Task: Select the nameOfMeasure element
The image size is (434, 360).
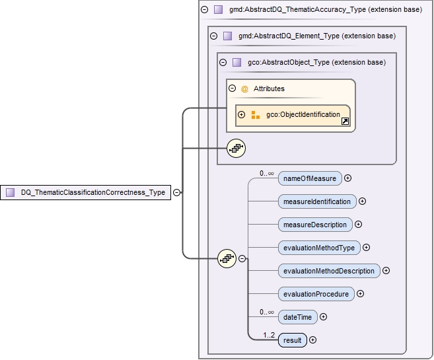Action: pos(309,178)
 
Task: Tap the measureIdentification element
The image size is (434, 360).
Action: pos(316,201)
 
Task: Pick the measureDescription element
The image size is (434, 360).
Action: pos(314,225)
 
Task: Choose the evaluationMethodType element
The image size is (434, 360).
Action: pos(318,248)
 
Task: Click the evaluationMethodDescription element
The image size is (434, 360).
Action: pos(328,271)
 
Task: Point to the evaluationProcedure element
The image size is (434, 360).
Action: pos(315,294)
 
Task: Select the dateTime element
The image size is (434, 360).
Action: pos(297,317)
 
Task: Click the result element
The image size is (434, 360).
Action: pos(292,341)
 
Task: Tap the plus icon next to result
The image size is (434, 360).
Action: pos(313,341)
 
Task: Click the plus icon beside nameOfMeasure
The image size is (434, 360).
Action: pos(347,178)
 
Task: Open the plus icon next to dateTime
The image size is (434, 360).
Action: pos(323,317)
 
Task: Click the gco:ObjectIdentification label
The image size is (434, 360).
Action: pos(303,115)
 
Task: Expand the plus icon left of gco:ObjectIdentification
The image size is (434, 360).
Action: pos(242,115)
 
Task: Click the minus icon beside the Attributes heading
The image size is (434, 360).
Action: pos(232,89)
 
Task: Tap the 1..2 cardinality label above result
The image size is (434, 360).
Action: pos(269,334)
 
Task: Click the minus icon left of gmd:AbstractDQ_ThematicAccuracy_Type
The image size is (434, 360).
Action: pos(204,10)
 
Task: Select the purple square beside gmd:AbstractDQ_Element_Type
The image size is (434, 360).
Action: pos(227,36)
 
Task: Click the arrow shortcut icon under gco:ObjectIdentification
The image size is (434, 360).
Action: pos(345,122)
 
